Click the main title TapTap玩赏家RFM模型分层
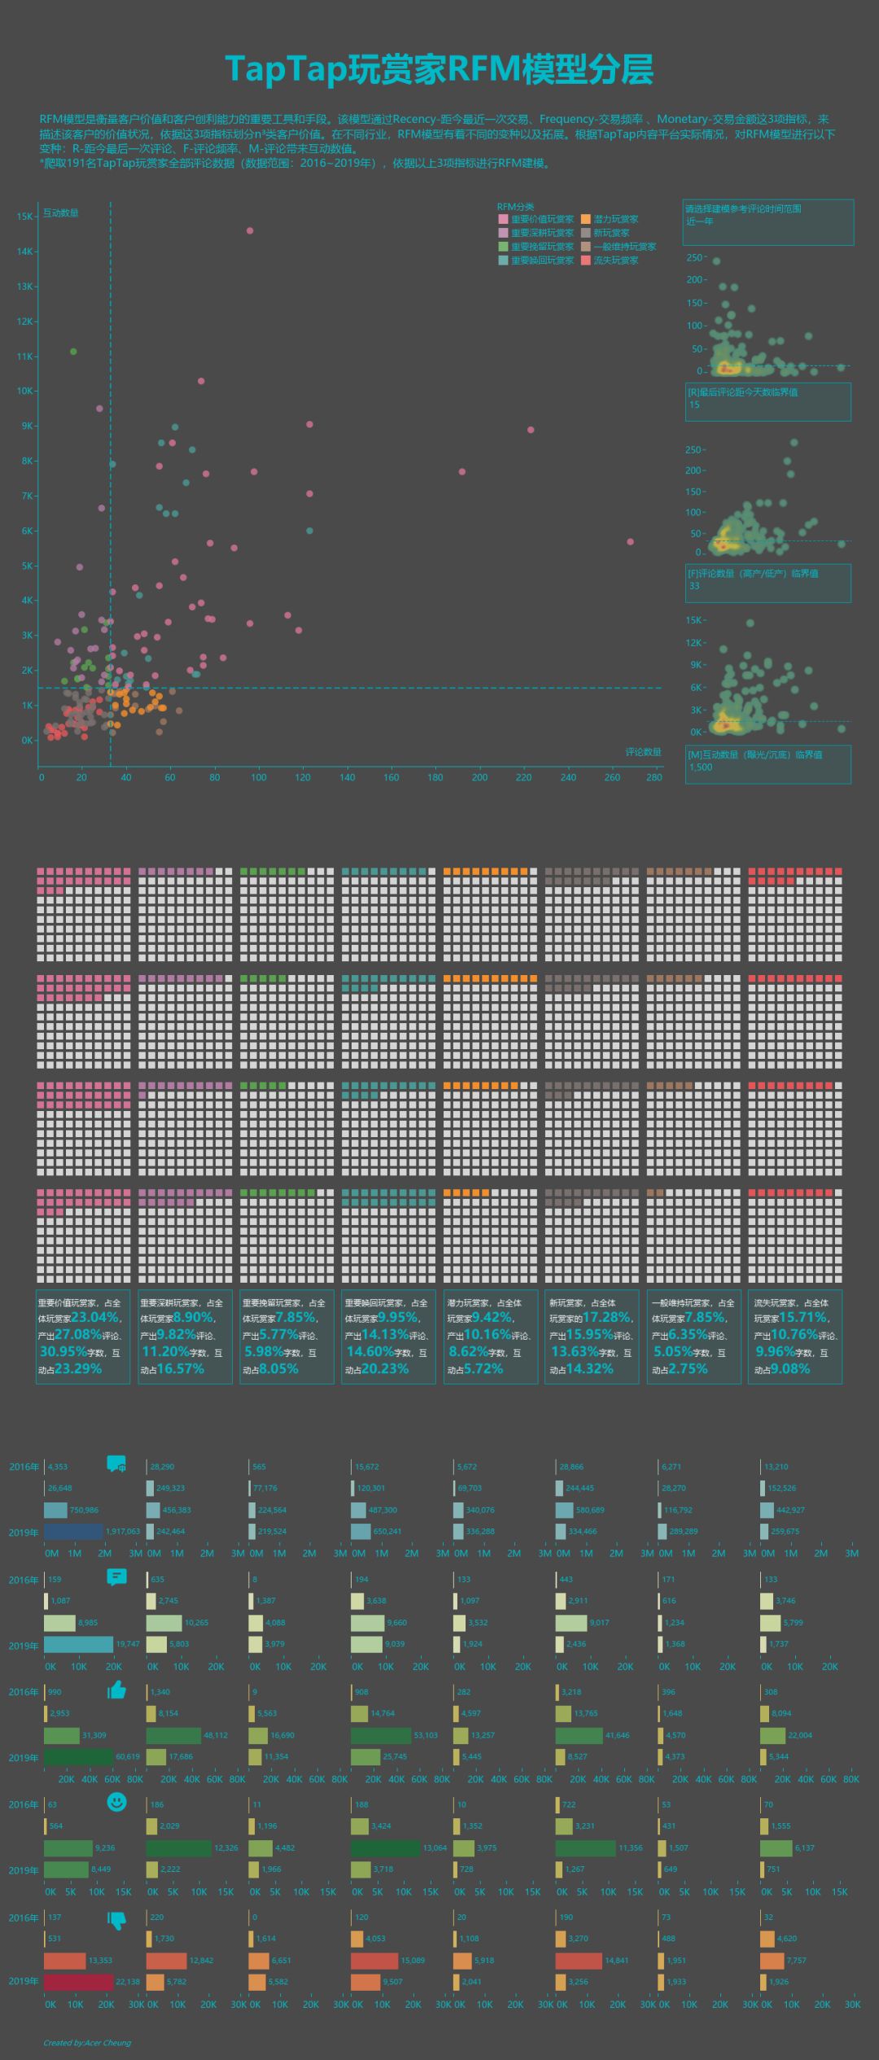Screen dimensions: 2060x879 click(x=439, y=70)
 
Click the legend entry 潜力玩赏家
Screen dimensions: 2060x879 click(x=615, y=219)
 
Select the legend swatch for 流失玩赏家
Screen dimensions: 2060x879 click(x=585, y=260)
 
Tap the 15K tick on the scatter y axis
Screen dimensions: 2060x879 click(x=24, y=216)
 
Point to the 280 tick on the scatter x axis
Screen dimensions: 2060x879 click(x=654, y=777)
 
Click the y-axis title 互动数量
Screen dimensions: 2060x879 click(x=61, y=213)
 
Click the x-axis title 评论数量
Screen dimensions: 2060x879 click(x=643, y=752)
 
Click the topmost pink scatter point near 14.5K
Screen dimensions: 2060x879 click(x=250, y=231)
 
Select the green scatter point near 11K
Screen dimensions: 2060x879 click(x=73, y=352)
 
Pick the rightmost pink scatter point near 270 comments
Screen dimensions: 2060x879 click(x=630, y=542)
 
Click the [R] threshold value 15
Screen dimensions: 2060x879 click(x=694, y=405)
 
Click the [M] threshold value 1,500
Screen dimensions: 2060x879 click(x=701, y=767)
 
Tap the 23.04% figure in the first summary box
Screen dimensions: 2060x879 click(x=96, y=1317)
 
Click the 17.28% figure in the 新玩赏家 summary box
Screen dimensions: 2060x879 click(x=607, y=1317)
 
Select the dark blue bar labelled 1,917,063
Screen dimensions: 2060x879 click(x=73, y=1531)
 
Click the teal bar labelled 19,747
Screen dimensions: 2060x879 click(x=78, y=1644)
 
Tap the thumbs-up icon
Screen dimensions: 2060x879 click(x=117, y=1690)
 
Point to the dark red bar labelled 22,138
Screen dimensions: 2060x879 click(x=78, y=1982)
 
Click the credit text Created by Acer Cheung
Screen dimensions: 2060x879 click(x=87, y=2043)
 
